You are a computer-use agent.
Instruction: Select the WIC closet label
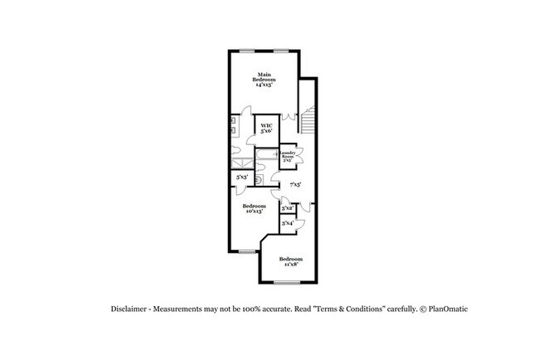[x=267, y=126]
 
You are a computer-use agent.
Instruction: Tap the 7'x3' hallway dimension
[x=294, y=184]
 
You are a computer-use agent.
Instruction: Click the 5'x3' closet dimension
[x=241, y=178]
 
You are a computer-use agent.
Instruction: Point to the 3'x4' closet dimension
[x=287, y=223]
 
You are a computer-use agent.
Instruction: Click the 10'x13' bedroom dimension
[x=253, y=212]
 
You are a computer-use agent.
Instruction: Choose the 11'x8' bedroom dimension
[x=289, y=264]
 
